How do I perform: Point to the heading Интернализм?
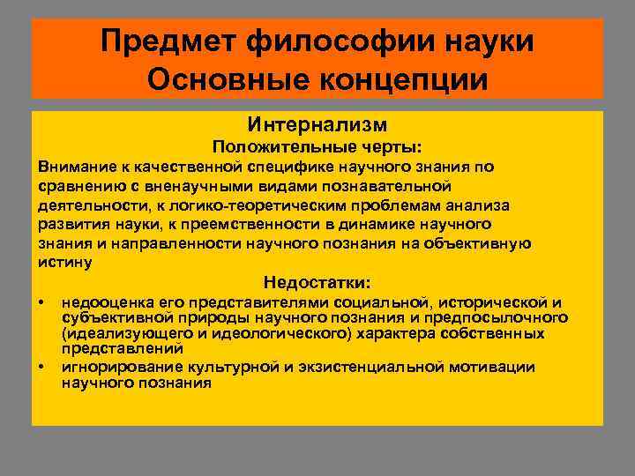coord(317,125)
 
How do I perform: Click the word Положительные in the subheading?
coord(280,146)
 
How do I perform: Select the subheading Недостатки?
coord(317,283)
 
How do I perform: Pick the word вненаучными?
coord(231,186)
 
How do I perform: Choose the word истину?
coord(64,263)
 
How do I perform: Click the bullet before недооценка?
coord(41,303)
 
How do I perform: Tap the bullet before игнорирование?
coord(41,367)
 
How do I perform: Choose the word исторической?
coord(494,303)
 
